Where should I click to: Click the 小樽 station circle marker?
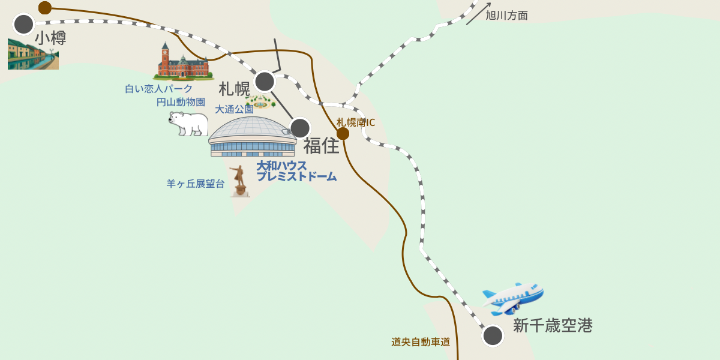point(24,25)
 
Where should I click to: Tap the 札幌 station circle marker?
point(265,81)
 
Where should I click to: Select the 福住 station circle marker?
point(300,128)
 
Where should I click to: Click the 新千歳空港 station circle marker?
point(493,335)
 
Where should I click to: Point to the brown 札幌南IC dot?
point(343,133)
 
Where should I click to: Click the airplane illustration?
point(514,298)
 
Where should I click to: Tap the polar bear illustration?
point(188,123)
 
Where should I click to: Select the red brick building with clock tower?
point(182,63)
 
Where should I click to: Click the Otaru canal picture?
point(33,55)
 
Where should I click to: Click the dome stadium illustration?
point(253,137)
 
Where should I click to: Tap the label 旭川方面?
point(506,16)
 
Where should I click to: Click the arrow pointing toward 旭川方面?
point(478,14)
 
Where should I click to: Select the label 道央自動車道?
point(421,342)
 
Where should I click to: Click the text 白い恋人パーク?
point(159,89)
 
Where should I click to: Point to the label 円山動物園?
point(181,102)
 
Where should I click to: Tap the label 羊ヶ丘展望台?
point(196,184)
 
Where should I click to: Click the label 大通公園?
point(234,109)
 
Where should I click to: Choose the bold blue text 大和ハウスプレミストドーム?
point(296,171)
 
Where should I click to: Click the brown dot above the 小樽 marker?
point(45,8)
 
